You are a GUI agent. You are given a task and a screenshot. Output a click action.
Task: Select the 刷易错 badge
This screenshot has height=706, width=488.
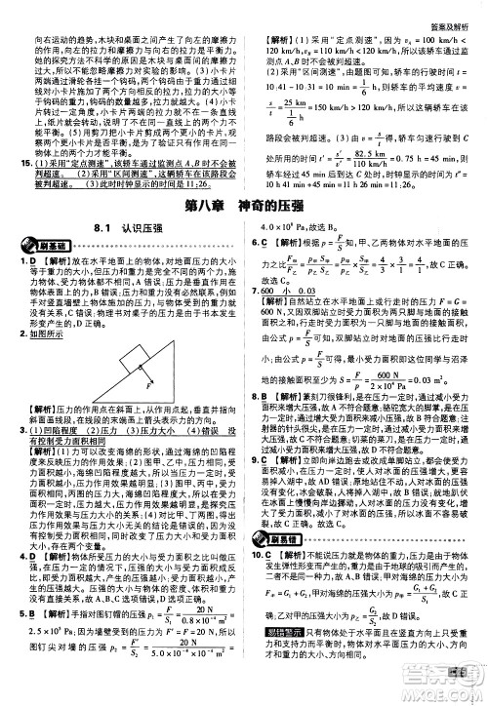[274, 558]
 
